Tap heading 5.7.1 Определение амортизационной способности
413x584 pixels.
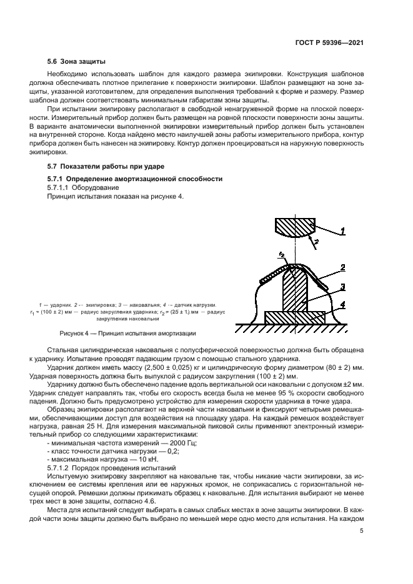pos(135,178)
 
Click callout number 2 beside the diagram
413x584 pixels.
pos(343,267)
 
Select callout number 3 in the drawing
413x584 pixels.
pos(343,287)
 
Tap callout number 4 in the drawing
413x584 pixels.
pos(342,305)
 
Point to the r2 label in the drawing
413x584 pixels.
pos(283,254)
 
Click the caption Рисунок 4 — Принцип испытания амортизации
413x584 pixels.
pos(127,334)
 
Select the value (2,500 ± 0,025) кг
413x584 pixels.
pos(157,369)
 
